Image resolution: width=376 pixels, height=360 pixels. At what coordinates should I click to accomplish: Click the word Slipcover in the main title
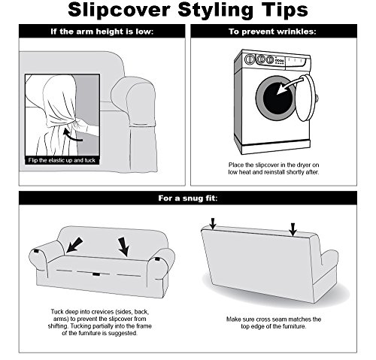(x=119, y=10)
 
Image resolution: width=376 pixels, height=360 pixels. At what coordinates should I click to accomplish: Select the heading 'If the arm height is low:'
(x=102, y=32)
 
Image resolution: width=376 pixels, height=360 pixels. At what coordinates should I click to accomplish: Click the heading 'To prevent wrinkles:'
(x=272, y=32)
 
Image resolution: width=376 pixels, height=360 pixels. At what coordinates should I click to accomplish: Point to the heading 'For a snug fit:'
(x=188, y=198)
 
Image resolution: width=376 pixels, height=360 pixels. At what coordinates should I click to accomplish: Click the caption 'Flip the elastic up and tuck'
(x=62, y=160)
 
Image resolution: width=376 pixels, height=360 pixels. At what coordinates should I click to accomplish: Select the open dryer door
(x=306, y=98)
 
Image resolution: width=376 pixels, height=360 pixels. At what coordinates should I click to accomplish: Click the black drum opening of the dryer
(x=277, y=98)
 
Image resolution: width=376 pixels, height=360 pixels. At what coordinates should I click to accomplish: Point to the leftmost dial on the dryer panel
(x=250, y=59)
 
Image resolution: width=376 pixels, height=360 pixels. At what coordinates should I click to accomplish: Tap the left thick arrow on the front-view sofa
(x=74, y=245)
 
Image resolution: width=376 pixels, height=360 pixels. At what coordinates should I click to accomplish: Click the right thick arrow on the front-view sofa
(x=124, y=247)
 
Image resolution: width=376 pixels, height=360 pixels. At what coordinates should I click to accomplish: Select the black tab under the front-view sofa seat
(x=96, y=274)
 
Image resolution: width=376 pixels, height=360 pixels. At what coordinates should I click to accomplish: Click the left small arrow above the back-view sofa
(x=213, y=223)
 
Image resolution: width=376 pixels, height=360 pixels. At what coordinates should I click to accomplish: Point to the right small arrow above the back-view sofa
(x=293, y=229)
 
